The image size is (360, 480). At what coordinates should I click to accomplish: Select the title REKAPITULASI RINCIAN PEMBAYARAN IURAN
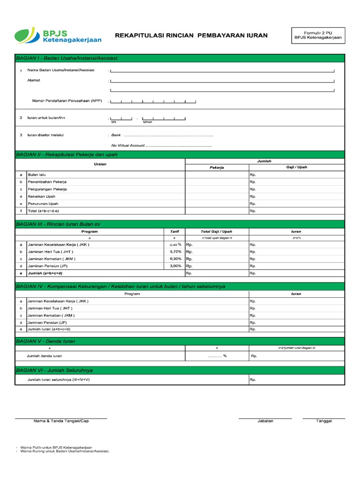[191, 35]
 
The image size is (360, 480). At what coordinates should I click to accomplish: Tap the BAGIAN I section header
[67, 58]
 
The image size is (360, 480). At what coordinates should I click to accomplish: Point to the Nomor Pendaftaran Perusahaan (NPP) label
[67, 101]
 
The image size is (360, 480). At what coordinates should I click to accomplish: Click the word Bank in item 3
[116, 135]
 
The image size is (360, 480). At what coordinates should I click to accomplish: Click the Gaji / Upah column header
[296, 167]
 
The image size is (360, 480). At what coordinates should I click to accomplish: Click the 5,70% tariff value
[175, 252]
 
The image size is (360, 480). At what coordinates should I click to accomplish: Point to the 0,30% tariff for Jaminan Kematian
[175, 259]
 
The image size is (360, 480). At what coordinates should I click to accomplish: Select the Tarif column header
[174, 232]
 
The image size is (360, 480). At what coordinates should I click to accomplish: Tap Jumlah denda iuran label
[45, 356]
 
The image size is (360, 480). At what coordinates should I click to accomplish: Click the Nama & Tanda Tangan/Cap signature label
[61, 421]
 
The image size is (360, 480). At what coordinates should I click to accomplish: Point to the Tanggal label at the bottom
[324, 421]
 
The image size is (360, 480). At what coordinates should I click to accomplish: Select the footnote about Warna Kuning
[65, 451]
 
